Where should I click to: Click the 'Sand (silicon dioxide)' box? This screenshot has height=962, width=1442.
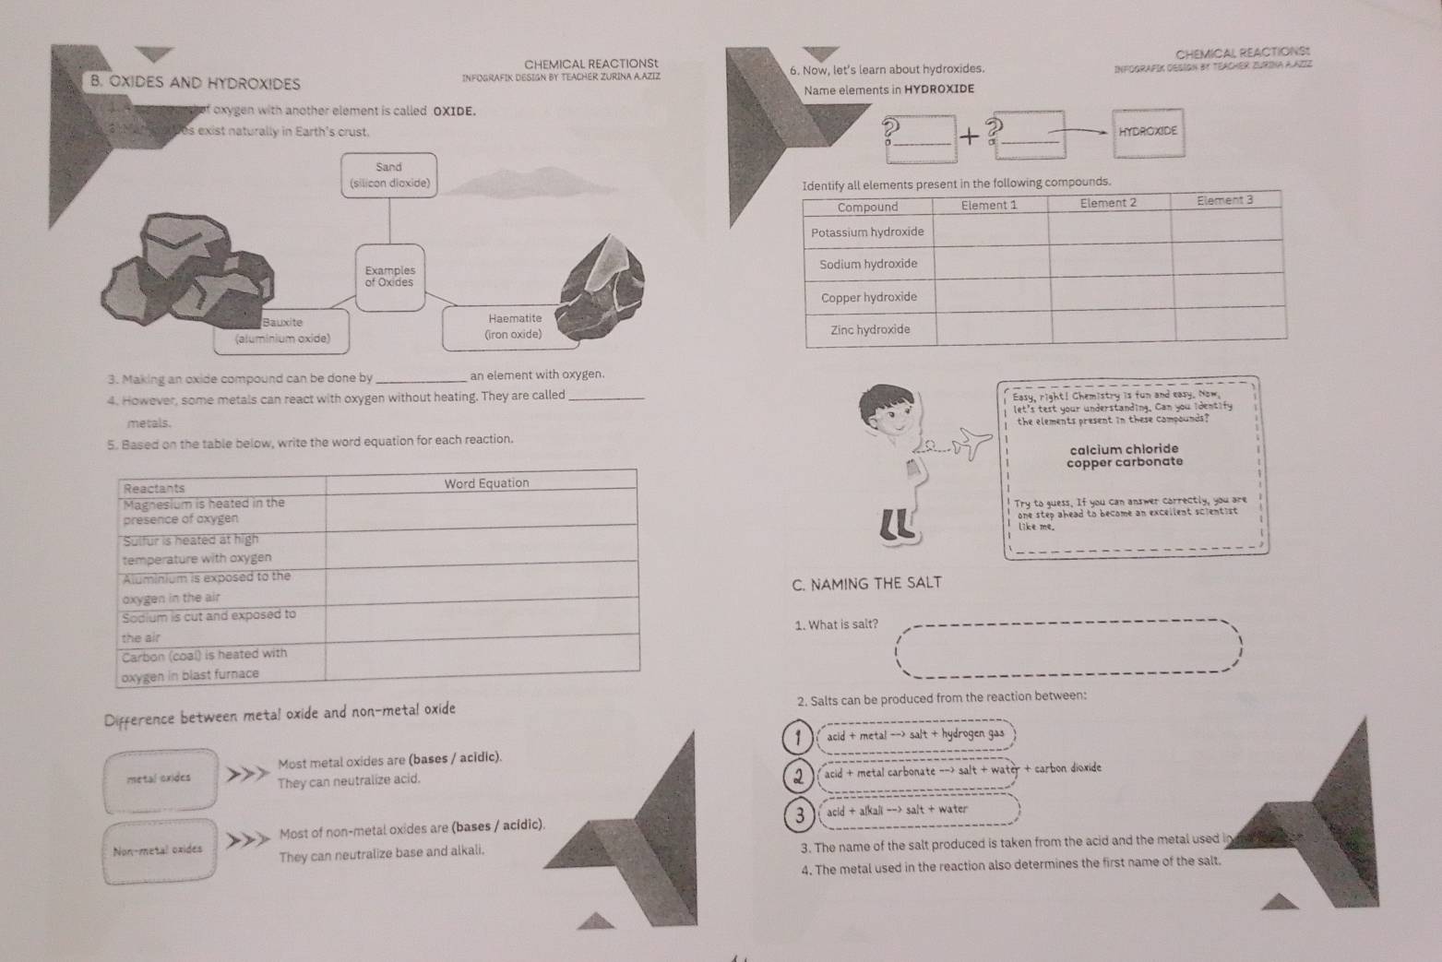point(388,175)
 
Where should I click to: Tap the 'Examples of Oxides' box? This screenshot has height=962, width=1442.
point(389,277)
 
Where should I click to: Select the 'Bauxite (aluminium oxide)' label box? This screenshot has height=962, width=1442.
point(281,330)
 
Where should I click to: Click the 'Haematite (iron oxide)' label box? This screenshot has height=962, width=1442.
point(513,327)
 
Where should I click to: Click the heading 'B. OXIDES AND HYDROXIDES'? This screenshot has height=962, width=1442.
point(195,83)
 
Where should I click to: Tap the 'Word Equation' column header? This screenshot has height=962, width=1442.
point(486,483)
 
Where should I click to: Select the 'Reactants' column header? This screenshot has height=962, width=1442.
point(154,488)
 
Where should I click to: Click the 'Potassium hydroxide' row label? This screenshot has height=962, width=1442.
point(867,232)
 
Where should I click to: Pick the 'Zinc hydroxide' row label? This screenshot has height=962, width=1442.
point(870,329)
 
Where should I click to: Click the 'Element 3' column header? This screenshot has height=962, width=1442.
point(1224,200)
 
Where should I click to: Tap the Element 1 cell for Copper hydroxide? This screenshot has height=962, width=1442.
point(993,295)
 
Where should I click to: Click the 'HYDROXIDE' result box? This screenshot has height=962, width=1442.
point(1148,132)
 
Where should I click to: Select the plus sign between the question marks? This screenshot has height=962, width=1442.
point(969,137)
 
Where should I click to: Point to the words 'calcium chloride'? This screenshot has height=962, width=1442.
point(1124,449)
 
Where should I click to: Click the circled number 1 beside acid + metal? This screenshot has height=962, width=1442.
point(797,735)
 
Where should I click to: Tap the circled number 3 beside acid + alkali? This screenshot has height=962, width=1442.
point(799,813)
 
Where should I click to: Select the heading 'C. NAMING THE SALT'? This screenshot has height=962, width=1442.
point(866,583)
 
